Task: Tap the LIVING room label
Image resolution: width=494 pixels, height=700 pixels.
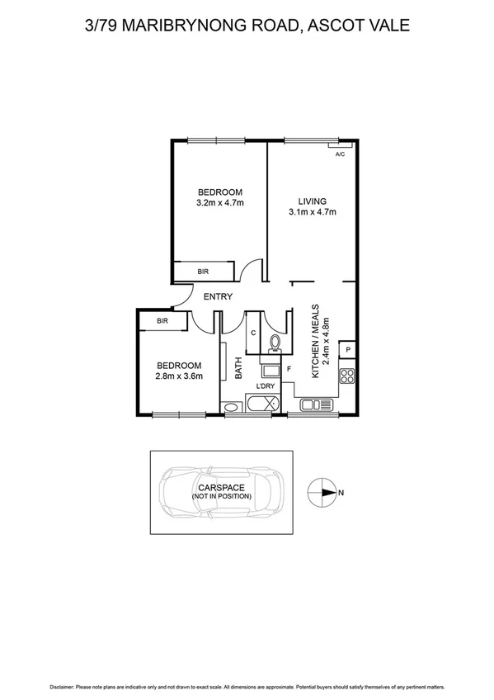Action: pyautogui.click(x=313, y=201)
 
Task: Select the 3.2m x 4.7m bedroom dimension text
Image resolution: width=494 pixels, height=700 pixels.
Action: pyautogui.click(x=219, y=203)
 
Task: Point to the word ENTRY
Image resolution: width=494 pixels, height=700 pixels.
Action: pyautogui.click(x=218, y=297)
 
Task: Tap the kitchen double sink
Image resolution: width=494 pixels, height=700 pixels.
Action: pyautogui.click(x=314, y=404)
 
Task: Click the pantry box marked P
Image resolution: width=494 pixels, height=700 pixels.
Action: pyautogui.click(x=349, y=349)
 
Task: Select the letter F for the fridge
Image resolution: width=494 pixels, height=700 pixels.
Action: pyautogui.click(x=289, y=368)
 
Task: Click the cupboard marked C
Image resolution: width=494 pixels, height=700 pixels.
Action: pyautogui.click(x=254, y=333)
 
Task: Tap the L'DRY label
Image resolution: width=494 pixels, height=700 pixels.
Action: pyautogui.click(x=266, y=386)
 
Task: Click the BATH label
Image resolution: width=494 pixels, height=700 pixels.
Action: pyautogui.click(x=239, y=367)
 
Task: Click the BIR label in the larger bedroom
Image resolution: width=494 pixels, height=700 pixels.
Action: pyautogui.click(x=203, y=271)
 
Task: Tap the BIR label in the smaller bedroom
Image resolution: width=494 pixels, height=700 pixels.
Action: pyautogui.click(x=162, y=320)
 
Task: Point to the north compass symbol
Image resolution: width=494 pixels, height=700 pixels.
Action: pyautogui.click(x=322, y=493)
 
